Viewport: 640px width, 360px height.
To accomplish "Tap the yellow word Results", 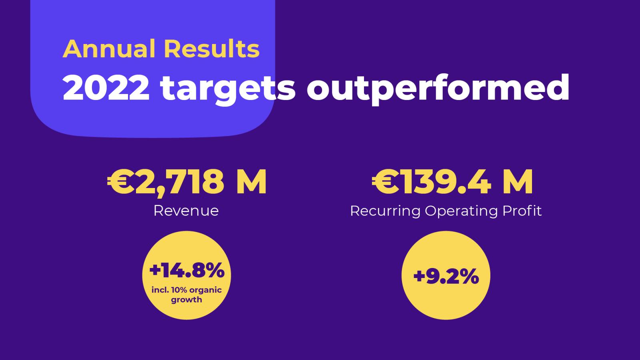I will [x=212, y=49].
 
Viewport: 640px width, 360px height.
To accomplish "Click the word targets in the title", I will [x=228, y=89].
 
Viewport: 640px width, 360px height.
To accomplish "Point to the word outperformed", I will [x=438, y=89].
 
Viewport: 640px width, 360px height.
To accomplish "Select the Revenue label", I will [x=186, y=211].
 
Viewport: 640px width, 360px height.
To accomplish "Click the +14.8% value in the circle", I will [x=187, y=271].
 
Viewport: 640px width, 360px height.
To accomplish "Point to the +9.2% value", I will [x=446, y=276].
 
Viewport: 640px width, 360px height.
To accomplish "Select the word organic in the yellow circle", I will [x=205, y=290].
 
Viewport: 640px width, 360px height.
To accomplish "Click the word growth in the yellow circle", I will [x=186, y=300].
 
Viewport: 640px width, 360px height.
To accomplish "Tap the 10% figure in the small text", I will [x=179, y=290].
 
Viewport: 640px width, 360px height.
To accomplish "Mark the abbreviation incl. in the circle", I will [x=160, y=290].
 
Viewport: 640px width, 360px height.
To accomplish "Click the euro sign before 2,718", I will [x=119, y=182].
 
